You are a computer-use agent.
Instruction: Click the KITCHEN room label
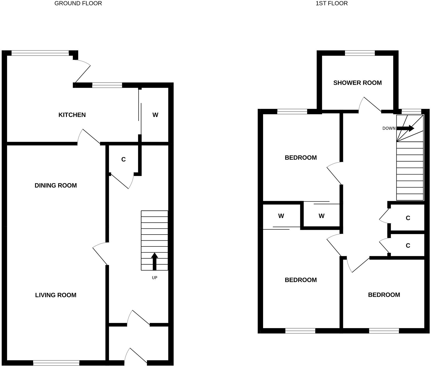tap(72, 115)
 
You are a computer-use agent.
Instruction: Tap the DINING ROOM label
tap(56, 186)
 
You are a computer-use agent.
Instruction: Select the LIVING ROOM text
tap(56, 295)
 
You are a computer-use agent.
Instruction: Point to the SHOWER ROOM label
tap(357, 83)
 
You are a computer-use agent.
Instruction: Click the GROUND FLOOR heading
tap(78, 4)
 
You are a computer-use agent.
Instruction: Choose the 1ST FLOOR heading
tap(332, 4)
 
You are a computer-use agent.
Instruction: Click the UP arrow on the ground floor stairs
tap(155, 261)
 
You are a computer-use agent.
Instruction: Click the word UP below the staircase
tap(155, 278)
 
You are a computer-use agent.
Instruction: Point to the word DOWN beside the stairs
tap(389, 128)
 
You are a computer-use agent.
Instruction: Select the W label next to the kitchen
tap(155, 115)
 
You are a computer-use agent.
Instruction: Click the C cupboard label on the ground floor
tap(123, 159)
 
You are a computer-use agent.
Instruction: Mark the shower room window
tap(360, 53)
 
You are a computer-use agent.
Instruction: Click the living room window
tap(56, 363)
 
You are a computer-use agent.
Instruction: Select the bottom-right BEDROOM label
tap(384, 295)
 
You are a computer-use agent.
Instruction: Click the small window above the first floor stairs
tap(411, 111)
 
